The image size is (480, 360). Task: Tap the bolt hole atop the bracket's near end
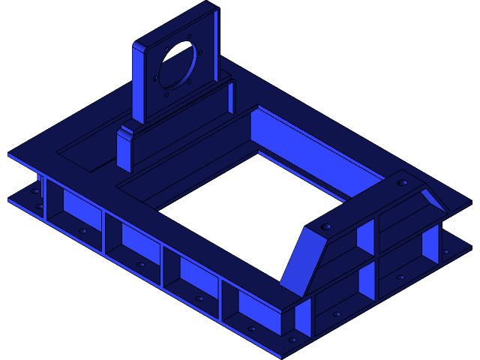tap(326, 225)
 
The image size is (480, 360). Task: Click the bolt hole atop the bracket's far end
tap(402, 182)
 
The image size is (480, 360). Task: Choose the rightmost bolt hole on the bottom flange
tap(446, 251)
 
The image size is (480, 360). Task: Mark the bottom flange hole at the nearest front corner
tap(292, 340)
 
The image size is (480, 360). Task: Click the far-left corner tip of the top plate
tap(9, 156)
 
